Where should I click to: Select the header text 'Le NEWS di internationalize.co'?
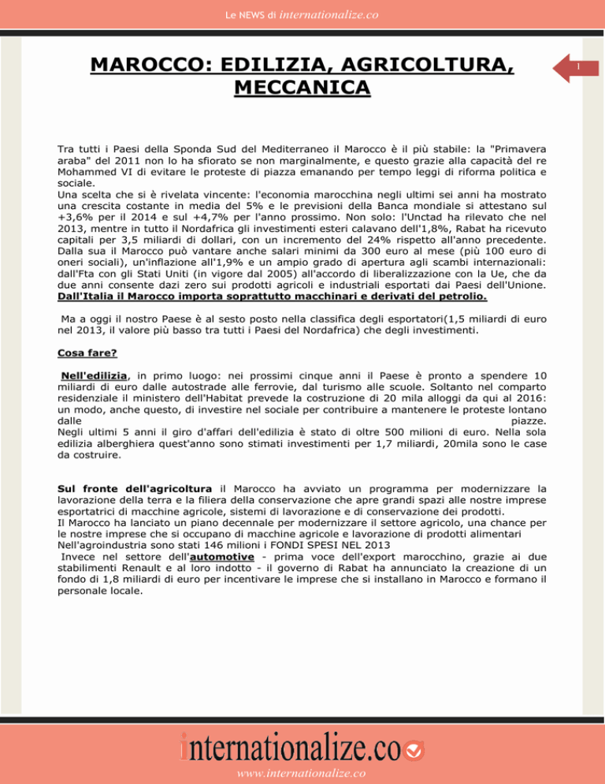(x=302, y=13)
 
